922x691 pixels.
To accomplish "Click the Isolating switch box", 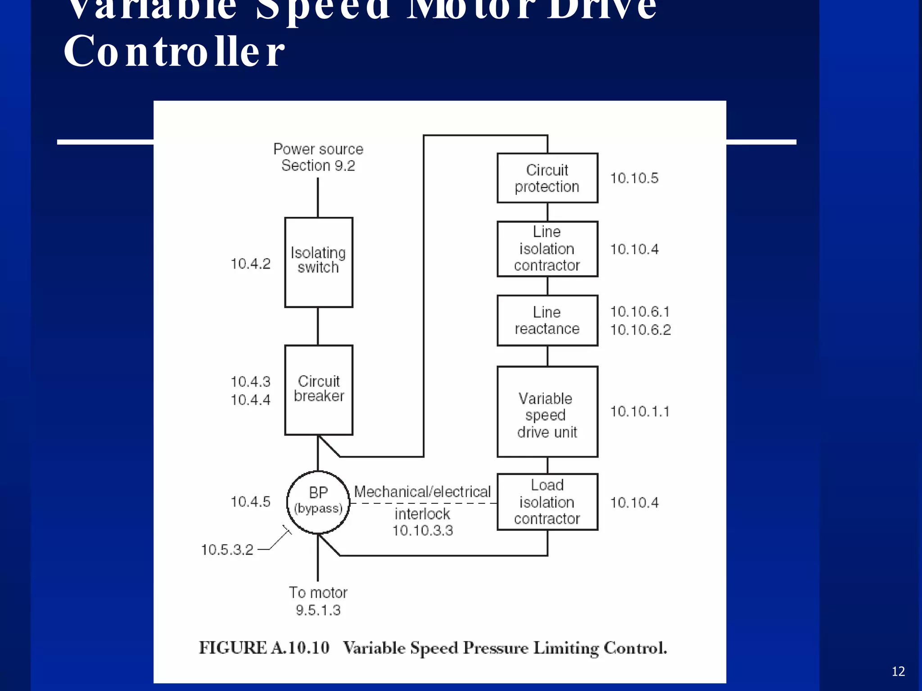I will pyautogui.click(x=318, y=262).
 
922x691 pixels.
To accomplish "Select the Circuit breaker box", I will pyautogui.click(x=318, y=390).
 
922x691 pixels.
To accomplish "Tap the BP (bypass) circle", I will pyautogui.click(x=318, y=502).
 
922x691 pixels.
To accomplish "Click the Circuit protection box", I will pyautogui.click(x=547, y=178).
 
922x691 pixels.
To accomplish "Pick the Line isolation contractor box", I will pyautogui.click(x=547, y=249).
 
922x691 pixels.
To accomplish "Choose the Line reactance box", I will pyautogui.click(x=547, y=320).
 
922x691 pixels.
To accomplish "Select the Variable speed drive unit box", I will pyautogui.click(x=547, y=412).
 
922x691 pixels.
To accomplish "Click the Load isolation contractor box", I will pyautogui.click(x=547, y=502).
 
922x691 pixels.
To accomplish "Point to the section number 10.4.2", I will pyautogui.click(x=250, y=264).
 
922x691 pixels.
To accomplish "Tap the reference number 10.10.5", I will pyautogui.click(x=634, y=178).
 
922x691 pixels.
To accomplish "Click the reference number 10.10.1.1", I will pyautogui.click(x=639, y=412).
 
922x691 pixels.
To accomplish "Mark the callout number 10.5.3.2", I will pyautogui.click(x=227, y=550).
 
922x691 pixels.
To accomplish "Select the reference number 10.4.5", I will pyautogui.click(x=250, y=502).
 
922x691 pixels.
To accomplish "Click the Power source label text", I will pyautogui.click(x=318, y=149).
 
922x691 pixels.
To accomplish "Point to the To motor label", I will pyautogui.click(x=318, y=593).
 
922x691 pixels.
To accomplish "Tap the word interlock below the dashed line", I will pyautogui.click(x=422, y=514).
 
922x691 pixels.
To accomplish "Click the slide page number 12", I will pyautogui.click(x=898, y=672).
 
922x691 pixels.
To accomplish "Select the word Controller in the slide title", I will pyautogui.click(x=174, y=51).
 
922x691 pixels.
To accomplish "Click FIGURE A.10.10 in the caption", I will pyautogui.click(x=264, y=648).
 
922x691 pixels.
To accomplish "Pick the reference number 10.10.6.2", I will pyautogui.click(x=640, y=330).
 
